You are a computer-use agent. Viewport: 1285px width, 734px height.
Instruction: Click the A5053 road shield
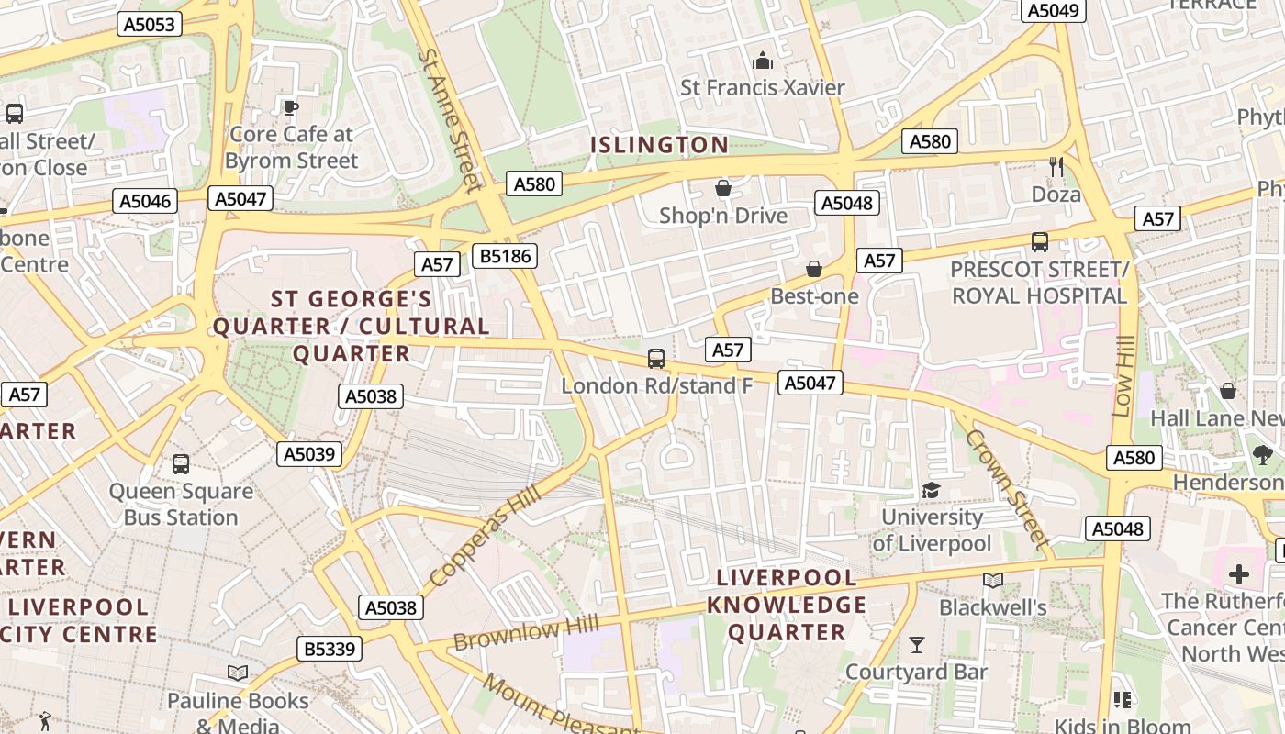[150, 24]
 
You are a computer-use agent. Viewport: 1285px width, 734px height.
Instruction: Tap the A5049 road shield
[1054, 10]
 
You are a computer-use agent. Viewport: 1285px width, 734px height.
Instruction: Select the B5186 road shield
[505, 255]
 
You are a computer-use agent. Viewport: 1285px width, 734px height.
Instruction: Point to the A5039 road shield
[309, 453]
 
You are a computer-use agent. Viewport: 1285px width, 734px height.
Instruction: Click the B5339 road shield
[330, 650]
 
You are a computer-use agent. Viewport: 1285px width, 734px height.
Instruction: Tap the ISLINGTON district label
[659, 145]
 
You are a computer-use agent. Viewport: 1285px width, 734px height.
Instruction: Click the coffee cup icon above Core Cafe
[291, 107]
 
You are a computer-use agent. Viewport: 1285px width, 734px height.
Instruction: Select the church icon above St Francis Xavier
[763, 61]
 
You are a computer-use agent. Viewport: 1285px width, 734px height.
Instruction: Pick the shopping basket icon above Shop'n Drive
[723, 188]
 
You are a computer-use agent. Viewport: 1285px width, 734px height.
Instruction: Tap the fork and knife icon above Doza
[1056, 166]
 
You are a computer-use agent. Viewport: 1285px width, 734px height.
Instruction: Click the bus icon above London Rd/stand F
[656, 359]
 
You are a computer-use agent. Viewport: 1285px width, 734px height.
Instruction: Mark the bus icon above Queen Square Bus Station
[181, 464]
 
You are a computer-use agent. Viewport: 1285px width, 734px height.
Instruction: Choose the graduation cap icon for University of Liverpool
[932, 490]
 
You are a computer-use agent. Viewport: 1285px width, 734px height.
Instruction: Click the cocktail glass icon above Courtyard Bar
[916, 645]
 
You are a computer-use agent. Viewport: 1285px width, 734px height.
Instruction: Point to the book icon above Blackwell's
[993, 580]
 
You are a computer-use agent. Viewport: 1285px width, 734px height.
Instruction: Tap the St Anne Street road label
[450, 119]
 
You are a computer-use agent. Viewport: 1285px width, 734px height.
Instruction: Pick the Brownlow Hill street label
[526, 632]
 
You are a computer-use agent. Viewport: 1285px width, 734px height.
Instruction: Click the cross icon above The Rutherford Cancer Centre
[1239, 574]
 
